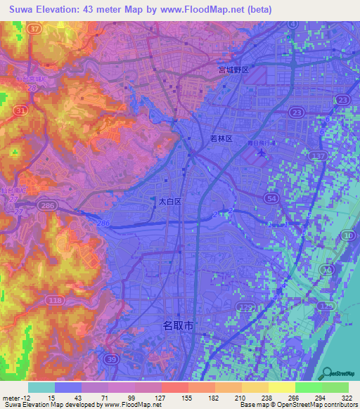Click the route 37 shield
click(36, 27)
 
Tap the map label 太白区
click(169, 201)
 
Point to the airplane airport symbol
click(262, 153)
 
